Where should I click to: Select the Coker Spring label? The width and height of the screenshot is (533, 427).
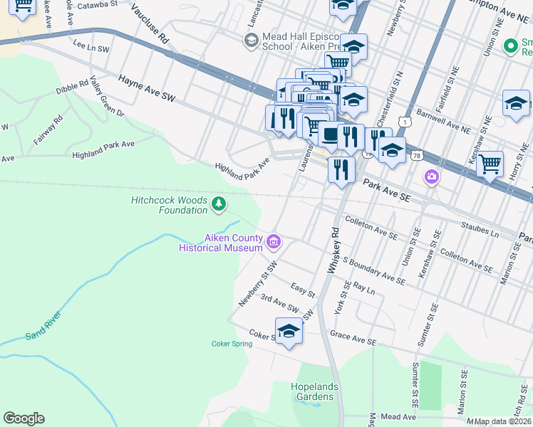(x=232, y=344)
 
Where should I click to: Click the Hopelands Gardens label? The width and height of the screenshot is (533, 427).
(x=314, y=392)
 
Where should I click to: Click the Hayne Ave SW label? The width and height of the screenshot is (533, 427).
(x=146, y=88)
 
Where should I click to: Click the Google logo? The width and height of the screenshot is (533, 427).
(x=24, y=418)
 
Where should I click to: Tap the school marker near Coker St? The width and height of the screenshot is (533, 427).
(x=289, y=332)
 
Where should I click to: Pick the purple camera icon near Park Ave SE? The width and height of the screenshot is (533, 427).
(x=431, y=176)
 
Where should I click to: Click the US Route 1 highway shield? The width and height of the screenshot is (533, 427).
(x=405, y=123)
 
